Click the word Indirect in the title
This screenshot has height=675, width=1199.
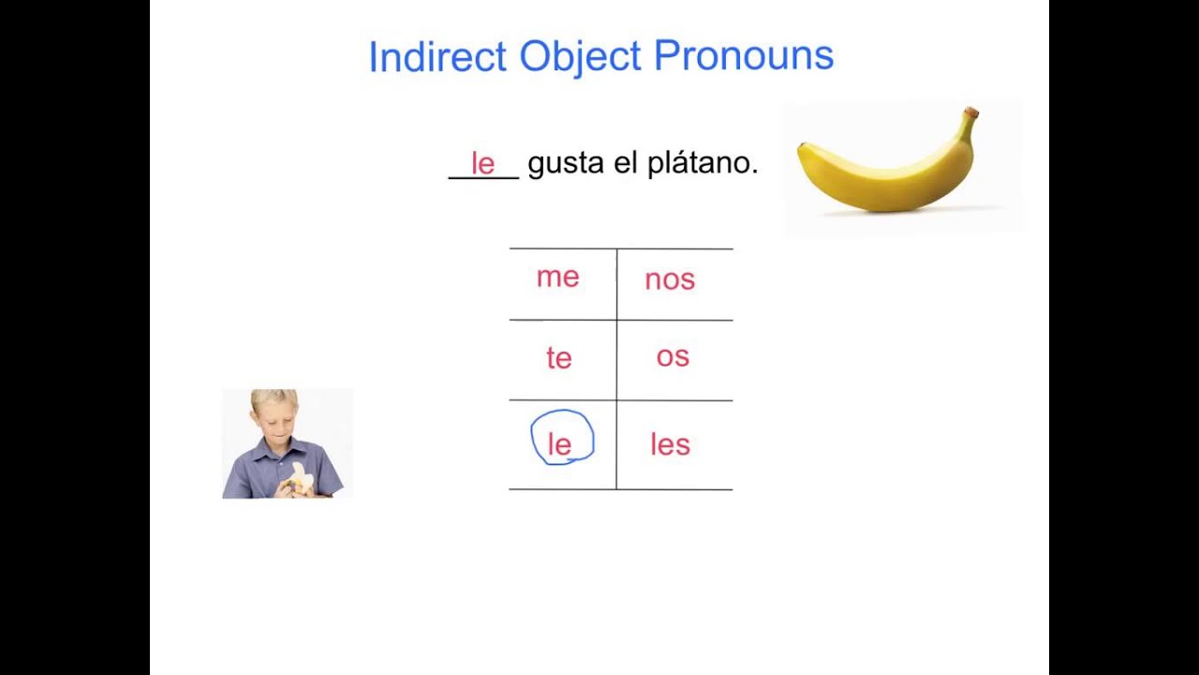click(x=438, y=56)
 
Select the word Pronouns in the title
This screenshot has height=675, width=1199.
click(x=744, y=56)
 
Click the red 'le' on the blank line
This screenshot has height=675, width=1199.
click(x=482, y=164)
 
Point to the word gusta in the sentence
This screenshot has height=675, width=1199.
click(x=566, y=164)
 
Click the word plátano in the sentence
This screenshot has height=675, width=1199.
click(x=697, y=163)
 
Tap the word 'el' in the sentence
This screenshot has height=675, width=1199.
click(x=626, y=163)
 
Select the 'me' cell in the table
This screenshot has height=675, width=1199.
click(x=558, y=277)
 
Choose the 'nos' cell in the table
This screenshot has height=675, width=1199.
click(x=670, y=279)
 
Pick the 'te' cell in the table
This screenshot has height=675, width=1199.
click(x=559, y=358)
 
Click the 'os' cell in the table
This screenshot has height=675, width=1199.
click(x=673, y=356)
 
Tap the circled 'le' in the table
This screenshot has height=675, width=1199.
click(x=560, y=444)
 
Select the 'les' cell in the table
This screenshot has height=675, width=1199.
click(x=670, y=444)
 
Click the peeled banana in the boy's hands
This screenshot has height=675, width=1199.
click(x=300, y=477)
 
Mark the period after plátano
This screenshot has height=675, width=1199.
click(x=754, y=172)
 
